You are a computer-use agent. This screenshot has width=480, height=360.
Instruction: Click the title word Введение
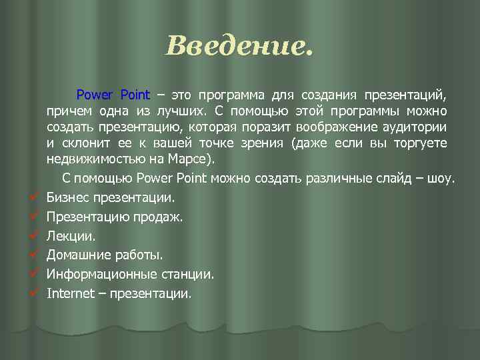tap(238, 47)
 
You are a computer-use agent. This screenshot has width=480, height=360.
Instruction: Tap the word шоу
tap(441, 179)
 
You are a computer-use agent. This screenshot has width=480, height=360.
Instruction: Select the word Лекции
tap(71, 236)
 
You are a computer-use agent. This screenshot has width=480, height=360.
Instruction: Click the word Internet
tap(70, 293)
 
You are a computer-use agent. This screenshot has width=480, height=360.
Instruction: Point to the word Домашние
tap(76, 255)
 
